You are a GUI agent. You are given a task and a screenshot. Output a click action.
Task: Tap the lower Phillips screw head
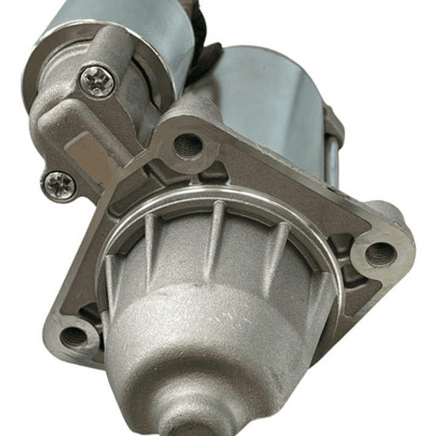[59, 184]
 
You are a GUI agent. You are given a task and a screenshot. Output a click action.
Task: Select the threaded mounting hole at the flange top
[187, 146]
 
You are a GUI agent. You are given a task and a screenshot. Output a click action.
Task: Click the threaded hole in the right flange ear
[381, 252]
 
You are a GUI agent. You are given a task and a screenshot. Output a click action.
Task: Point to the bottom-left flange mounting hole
[74, 335]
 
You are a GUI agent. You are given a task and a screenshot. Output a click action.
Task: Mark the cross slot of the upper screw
[97, 81]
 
